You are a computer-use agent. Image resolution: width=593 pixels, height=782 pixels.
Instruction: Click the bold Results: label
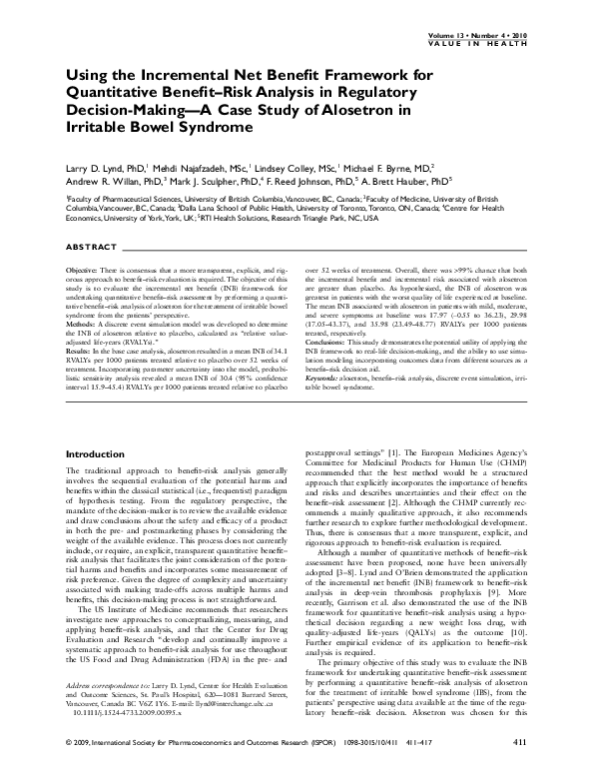coord(80,351)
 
